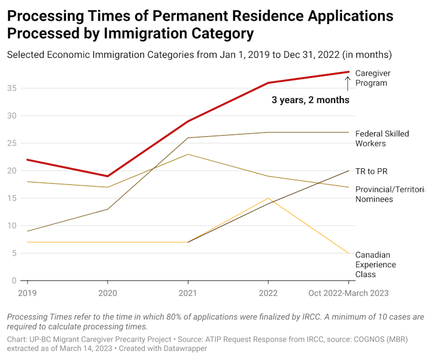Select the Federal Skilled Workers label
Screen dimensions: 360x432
[382, 138]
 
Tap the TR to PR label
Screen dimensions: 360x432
[372, 171]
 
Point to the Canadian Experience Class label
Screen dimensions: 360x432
[375, 264]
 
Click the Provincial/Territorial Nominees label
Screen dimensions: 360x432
[390, 193]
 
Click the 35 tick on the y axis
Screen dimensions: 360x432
[13, 88]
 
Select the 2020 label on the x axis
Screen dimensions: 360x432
[107, 293]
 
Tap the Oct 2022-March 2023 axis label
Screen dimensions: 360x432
[348, 293]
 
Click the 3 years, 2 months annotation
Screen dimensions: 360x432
[310, 100]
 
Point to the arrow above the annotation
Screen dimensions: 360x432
[347, 84]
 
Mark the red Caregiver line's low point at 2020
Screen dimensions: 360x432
[107, 176]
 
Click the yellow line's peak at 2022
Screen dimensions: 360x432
[268, 198]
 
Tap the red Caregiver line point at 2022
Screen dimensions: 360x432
[268, 83]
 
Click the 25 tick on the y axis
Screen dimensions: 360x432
[13, 143]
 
